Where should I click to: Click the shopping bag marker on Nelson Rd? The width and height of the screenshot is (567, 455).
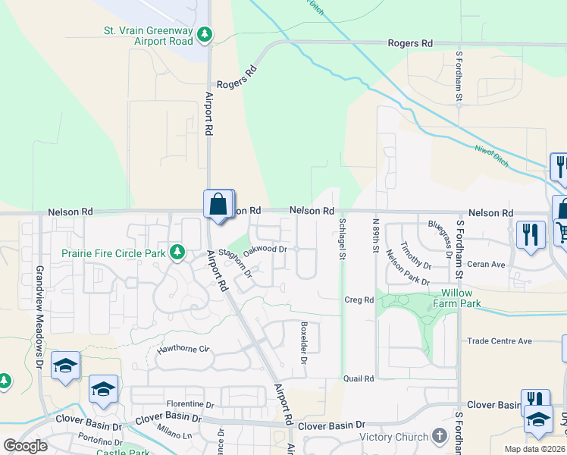[x=218, y=205]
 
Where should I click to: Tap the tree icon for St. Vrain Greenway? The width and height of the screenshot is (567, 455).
[x=205, y=34]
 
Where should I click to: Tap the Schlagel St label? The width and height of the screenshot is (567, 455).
[x=342, y=240]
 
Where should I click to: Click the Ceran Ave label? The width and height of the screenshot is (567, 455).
[x=487, y=264]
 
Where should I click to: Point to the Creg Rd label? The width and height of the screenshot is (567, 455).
[x=359, y=300]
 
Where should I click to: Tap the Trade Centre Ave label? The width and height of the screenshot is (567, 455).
[x=500, y=341]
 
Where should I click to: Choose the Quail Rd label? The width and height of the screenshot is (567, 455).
[x=359, y=378]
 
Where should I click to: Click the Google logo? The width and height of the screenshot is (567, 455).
[x=25, y=445]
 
